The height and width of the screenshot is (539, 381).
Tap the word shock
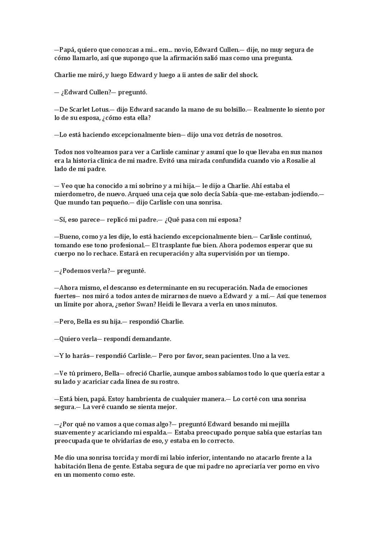coord(249,75)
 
